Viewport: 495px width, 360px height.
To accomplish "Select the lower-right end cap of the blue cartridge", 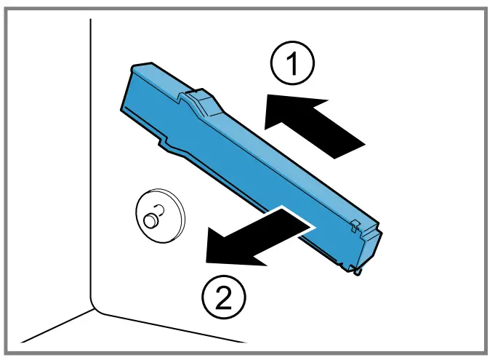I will click(367, 247).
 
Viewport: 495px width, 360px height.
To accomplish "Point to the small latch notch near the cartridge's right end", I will click(354, 223).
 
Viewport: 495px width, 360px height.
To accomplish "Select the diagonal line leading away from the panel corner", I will click(55, 326).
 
